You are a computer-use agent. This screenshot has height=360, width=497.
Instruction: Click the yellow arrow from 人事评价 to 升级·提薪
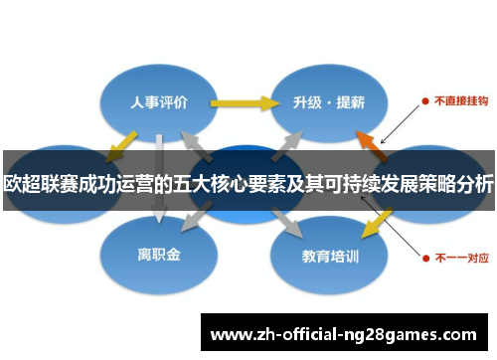(244, 102)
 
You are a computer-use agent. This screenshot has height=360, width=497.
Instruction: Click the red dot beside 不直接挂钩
(425, 100)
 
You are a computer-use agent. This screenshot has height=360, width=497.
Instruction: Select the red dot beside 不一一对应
(425, 256)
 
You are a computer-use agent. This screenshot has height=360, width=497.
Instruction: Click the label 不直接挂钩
(458, 100)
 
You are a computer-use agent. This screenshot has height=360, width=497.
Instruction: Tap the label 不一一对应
(460, 256)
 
